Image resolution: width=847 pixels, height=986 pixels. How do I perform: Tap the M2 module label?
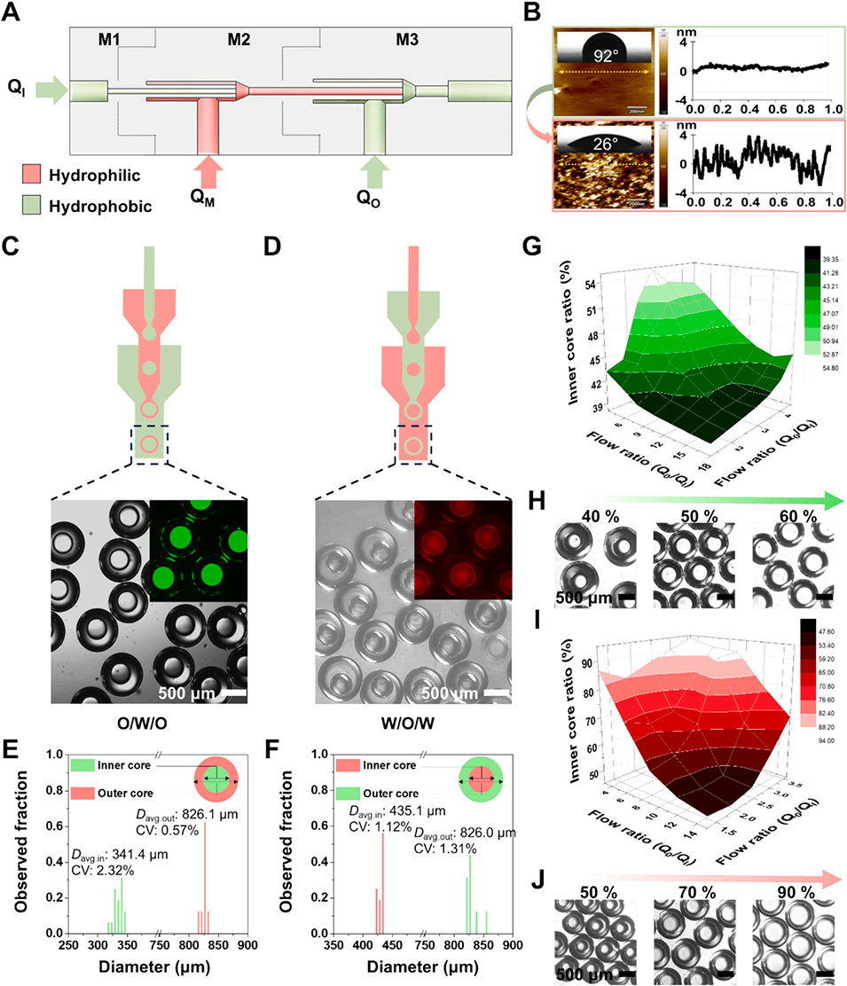(237, 41)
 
